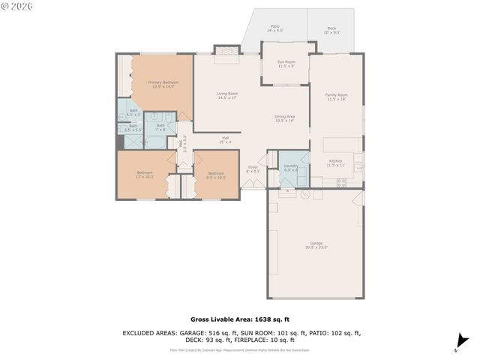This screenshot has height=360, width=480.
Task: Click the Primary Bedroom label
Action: [x=162, y=84]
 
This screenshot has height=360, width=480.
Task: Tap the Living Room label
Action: [x=227, y=95]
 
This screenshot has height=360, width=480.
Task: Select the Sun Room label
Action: [x=286, y=64]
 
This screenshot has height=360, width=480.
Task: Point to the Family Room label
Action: [x=336, y=97]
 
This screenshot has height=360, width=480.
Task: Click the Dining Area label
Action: [x=284, y=118]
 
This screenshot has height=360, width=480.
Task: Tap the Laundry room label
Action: [x=291, y=167]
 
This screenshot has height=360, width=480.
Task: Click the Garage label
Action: [x=316, y=244]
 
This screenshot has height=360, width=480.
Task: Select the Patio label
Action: [x=275, y=28]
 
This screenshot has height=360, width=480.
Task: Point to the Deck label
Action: [x=331, y=31]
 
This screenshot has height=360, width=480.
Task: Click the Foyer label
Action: [x=253, y=169]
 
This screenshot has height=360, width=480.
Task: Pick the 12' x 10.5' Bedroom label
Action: [x=145, y=175]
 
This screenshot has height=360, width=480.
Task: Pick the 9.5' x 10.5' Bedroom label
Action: [x=216, y=175]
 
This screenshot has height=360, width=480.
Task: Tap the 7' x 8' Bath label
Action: [x=160, y=127]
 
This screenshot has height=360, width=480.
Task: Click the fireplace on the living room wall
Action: [x=226, y=50]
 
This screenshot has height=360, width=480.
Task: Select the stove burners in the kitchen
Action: [x=341, y=182]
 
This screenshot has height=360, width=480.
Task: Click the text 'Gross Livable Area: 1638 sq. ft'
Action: [x=239, y=318]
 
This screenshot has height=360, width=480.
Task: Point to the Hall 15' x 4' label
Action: [x=225, y=139]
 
